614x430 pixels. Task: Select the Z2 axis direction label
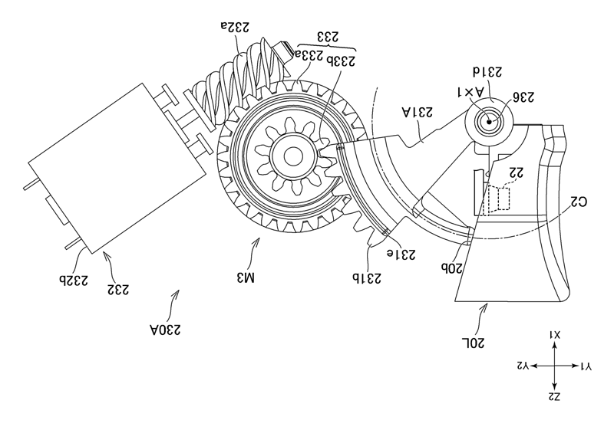coord(555,396)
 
